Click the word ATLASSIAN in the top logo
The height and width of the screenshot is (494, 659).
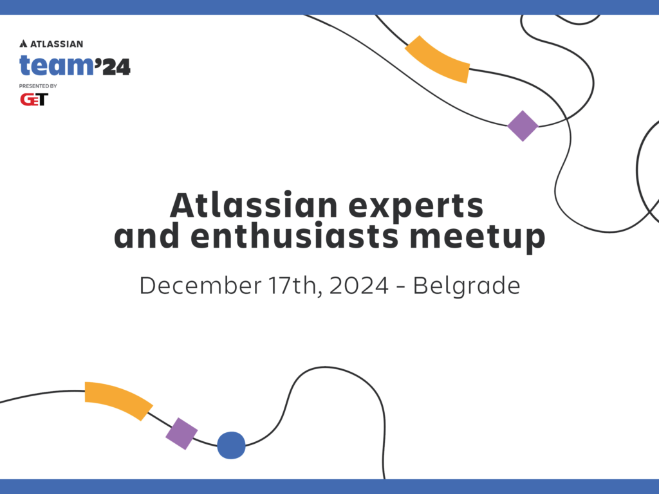[56, 44]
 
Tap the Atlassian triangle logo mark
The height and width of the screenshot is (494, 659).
[23, 44]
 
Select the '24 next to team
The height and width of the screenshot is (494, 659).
[113, 66]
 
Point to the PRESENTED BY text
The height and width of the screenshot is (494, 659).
[38, 86]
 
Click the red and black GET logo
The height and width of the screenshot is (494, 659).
[33, 99]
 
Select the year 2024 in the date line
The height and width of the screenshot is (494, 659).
[358, 285]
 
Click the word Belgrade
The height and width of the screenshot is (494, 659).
[467, 285]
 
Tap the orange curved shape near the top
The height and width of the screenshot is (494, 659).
[438, 60]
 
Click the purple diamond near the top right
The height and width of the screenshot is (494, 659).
[523, 125]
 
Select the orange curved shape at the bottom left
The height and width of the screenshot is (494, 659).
[117, 399]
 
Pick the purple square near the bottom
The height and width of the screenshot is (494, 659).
[181, 434]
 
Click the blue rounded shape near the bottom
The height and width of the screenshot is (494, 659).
[231, 445]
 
